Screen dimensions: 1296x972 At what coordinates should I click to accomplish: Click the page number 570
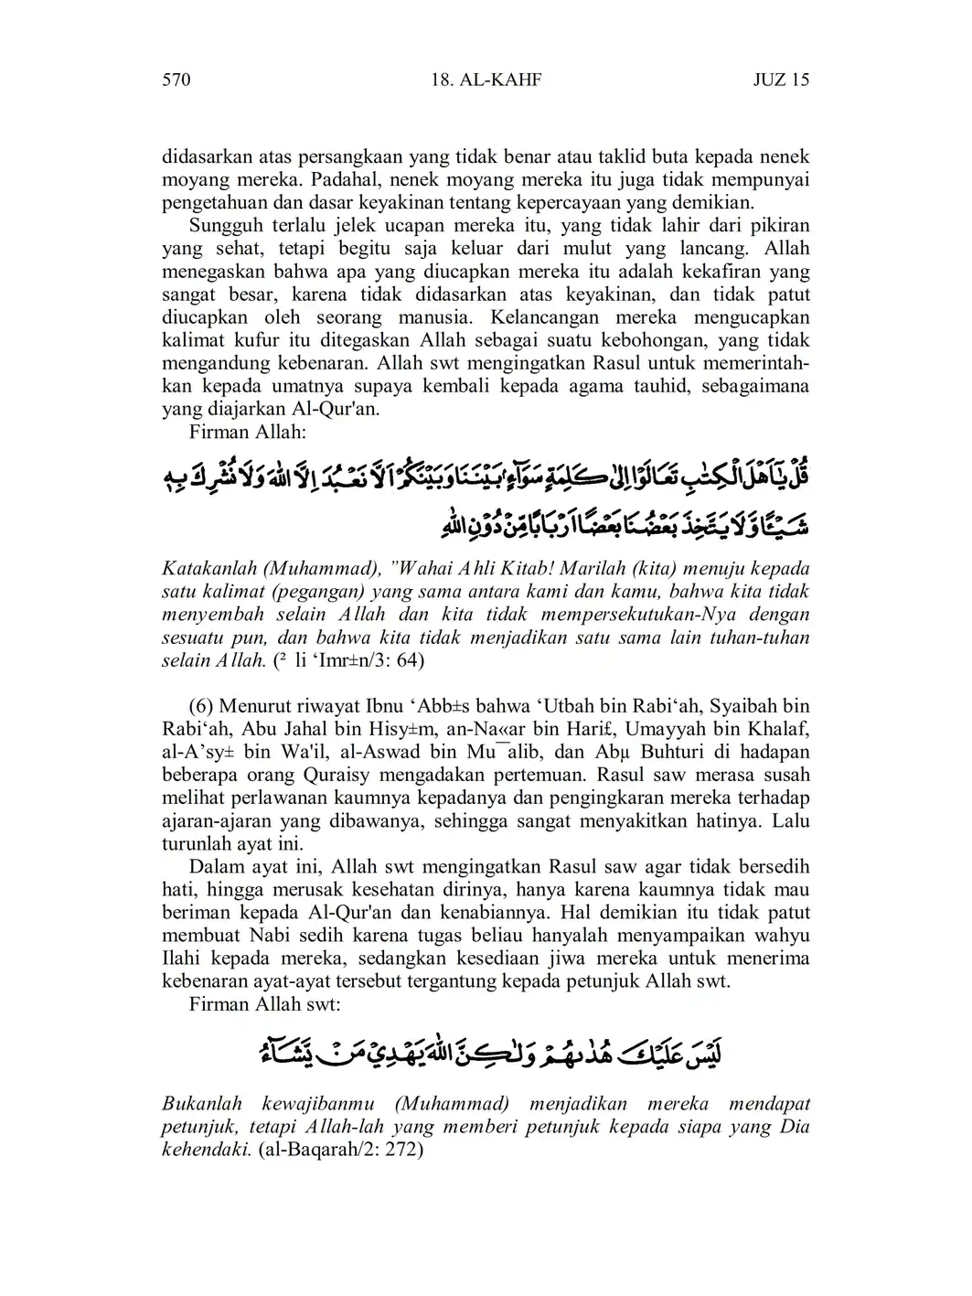coord(176,80)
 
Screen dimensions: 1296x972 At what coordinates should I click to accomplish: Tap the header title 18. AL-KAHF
coord(486,80)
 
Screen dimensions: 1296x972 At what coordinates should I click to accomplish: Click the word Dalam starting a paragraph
coord(216,866)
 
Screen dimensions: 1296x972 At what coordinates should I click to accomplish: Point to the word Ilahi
coord(182,958)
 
